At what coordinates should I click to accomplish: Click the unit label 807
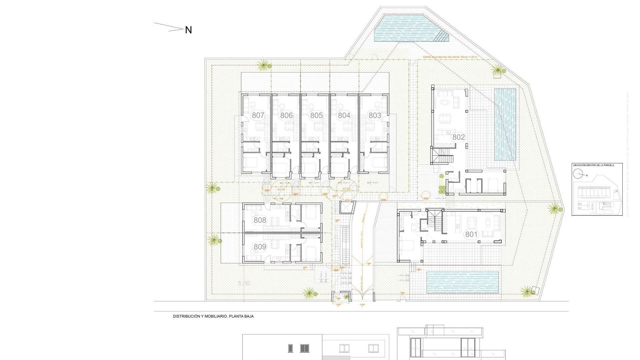pos(258,115)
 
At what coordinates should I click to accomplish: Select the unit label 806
pos(286,115)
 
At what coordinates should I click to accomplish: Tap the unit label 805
pos(316,115)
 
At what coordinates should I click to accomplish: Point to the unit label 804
pos(344,115)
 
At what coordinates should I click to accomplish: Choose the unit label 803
pos(375,115)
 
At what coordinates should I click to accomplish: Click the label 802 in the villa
pos(458,137)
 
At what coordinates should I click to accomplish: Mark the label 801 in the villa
pos(471,234)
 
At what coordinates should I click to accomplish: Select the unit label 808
pos(260,220)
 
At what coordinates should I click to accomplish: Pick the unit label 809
pos(260,247)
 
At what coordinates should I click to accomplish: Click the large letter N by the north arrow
pos(188,30)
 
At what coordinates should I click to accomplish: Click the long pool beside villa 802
pos(505,124)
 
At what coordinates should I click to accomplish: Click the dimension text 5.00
pos(244,284)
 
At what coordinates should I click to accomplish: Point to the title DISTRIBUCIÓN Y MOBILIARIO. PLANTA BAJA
pos(213,316)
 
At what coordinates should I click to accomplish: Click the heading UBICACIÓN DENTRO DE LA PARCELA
pos(593,165)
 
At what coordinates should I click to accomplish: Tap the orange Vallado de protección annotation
pos(450,57)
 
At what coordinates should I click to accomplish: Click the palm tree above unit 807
pos(264,65)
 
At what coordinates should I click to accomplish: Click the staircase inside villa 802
pos(443,156)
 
